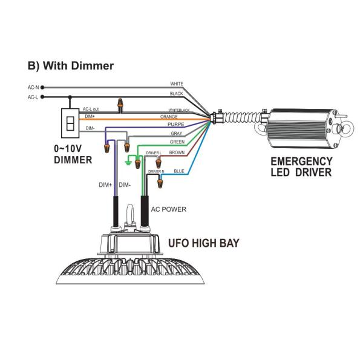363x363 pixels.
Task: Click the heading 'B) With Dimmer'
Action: point(71,65)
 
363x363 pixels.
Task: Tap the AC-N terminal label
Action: point(33,87)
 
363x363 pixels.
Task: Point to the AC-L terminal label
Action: point(33,97)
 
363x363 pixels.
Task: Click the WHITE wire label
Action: point(177,83)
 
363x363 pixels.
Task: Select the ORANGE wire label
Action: point(168,116)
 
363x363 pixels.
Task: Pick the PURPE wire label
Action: point(175,124)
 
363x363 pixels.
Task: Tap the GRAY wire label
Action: point(176,132)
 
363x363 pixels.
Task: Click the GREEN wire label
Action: point(177,142)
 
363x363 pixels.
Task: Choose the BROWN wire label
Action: point(177,152)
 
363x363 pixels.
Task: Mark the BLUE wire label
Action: point(179,171)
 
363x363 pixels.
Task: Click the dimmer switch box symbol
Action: point(70,123)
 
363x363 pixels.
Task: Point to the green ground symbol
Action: point(128,162)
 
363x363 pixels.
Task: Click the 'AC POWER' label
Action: point(169,209)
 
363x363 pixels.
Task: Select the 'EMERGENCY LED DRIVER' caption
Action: point(301,167)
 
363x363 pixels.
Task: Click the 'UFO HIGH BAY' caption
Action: point(203,244)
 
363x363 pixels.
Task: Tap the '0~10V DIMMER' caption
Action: point(72,155)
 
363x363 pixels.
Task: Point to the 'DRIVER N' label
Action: point(156,172)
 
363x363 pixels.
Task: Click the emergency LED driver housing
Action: point(300,128)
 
